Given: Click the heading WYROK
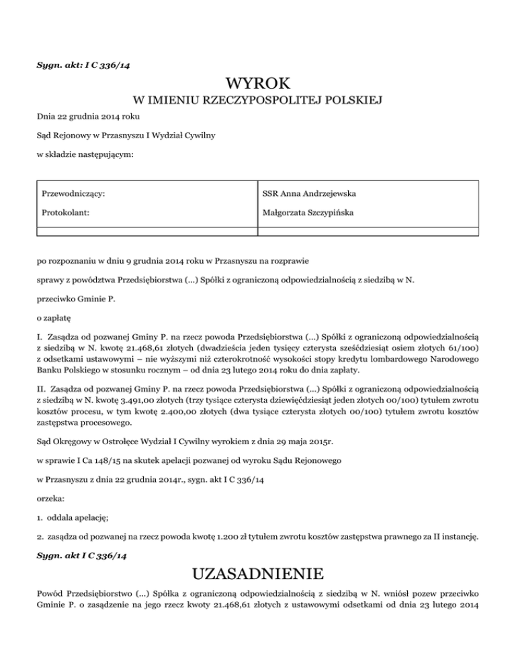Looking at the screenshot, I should (258, 84).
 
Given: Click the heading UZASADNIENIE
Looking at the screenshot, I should (258, 575).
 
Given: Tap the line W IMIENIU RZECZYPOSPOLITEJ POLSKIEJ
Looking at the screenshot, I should (258, 101).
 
